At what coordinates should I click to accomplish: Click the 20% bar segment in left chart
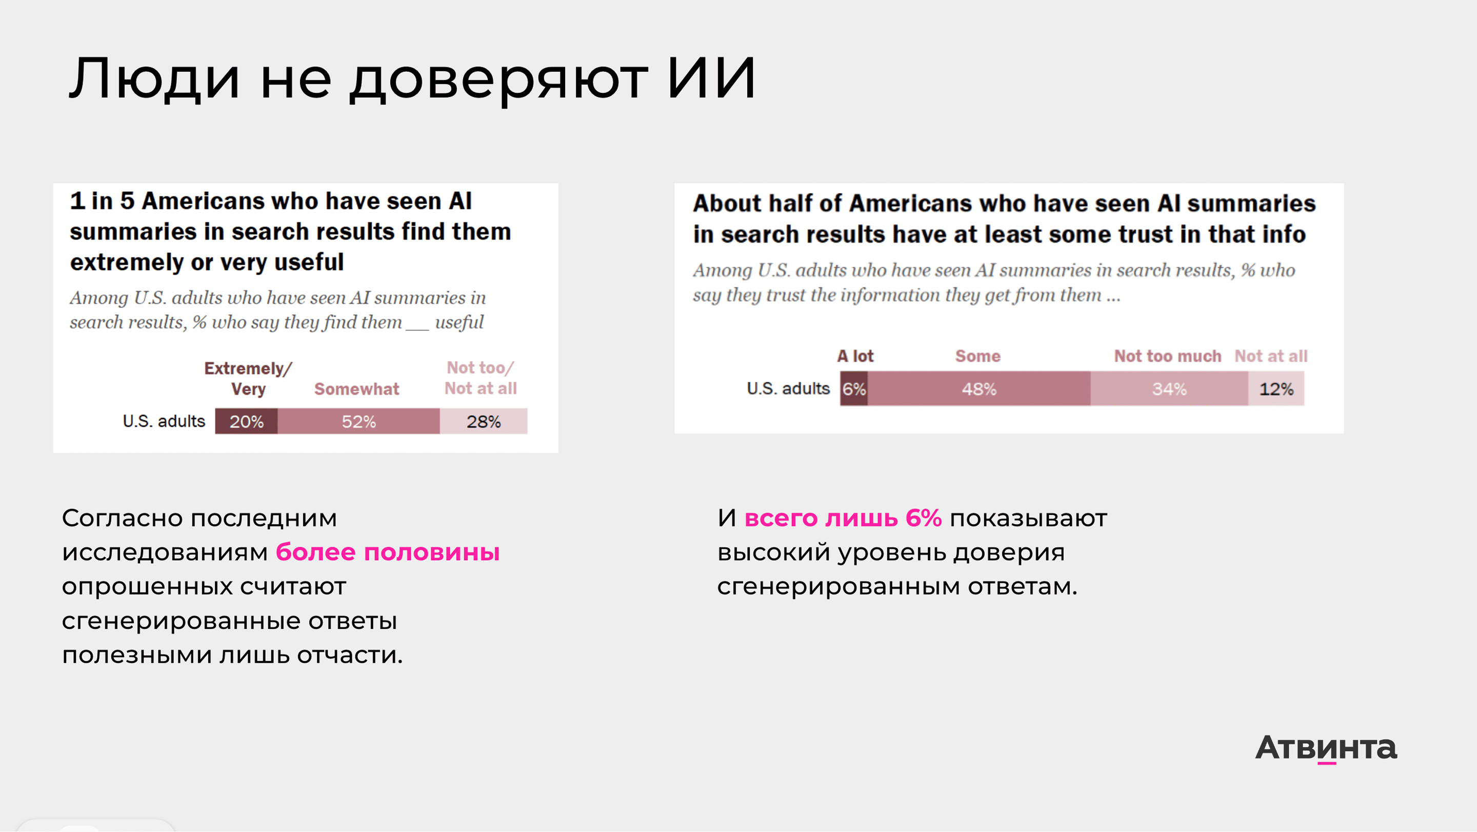(246, 422)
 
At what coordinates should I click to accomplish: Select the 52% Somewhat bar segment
(358, 422)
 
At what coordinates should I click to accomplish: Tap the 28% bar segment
(483, 422)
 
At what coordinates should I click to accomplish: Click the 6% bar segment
(854, 389)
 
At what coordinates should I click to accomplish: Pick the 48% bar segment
(979, 389)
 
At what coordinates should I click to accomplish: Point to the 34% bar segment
(1169, 389)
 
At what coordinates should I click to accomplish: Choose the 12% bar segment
(1276, 389)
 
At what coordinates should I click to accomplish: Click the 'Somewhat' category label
(356, 389)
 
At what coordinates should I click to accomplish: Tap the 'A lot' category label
(855, 356)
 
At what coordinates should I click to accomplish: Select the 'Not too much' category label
(1167, 356)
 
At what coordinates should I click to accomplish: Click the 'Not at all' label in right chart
(1271, 356)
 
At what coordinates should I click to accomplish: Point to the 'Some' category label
(977, 356)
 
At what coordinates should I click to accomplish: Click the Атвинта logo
(1326, 747)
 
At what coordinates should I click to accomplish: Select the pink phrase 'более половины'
(388, 552)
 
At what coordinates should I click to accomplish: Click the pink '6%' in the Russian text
(923, 518)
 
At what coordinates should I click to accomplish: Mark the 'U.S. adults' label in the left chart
(164, 422)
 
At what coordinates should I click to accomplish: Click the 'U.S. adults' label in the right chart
(788, 389)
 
